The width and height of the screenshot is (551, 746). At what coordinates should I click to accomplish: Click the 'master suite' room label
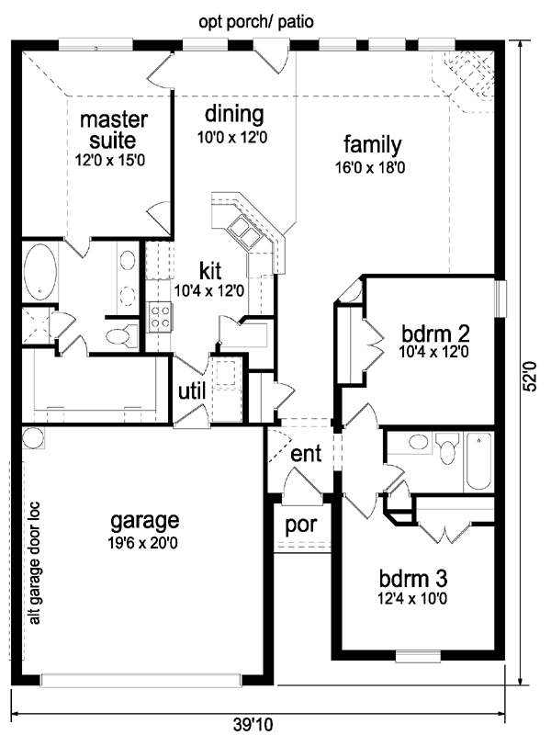point(113,130)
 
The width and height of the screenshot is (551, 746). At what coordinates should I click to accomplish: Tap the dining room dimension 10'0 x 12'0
point(232,138)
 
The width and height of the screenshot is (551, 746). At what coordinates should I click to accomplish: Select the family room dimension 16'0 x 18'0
point(370,168)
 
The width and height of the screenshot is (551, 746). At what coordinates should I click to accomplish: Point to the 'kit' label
point(210,271)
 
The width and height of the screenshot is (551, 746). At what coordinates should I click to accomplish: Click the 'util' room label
point(192,391)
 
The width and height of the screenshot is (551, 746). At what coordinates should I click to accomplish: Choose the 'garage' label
point(144,521)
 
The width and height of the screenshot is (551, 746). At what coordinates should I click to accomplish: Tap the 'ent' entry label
point(306,454)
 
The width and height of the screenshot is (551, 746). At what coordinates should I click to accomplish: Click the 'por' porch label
point(301,526)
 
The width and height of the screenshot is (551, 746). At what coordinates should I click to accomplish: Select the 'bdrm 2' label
point(435,333)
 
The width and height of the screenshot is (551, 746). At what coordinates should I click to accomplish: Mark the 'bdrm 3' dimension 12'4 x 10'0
point(412,598)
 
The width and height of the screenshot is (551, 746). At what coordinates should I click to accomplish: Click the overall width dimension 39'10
point(253,725)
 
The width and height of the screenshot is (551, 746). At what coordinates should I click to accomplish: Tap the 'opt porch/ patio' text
point(256,22)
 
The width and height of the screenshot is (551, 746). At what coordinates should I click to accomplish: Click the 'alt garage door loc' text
point(35,562)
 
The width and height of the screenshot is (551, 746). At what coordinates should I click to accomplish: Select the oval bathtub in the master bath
point(40,272)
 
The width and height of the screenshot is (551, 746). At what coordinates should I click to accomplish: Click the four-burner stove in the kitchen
point(160,317)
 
